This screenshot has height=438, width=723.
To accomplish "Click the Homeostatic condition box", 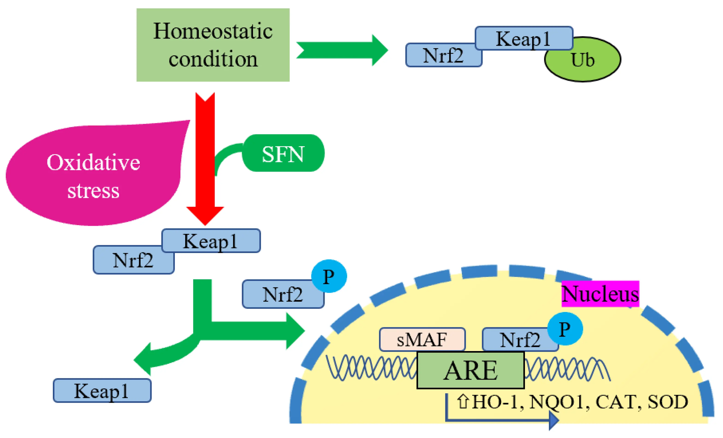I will pyautogui.click(x=213, y=45).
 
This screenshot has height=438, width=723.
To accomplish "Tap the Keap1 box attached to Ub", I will pyautogui.click(x=524, y=38).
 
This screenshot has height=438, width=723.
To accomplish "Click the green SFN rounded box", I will pyautogui.click(x=283, y=153).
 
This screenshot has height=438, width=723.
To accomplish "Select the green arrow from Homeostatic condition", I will pyautogui.click(x=342, y=50).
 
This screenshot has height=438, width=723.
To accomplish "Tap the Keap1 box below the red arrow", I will pyautogui.click(x=211, y=241).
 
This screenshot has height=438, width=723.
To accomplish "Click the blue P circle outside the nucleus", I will pyautogui.click(x=329, y=276).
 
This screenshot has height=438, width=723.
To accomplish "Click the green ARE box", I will pyautogui.click(x=470, y=370).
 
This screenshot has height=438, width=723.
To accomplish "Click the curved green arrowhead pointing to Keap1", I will pyautogui.click(x=144, y=359).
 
